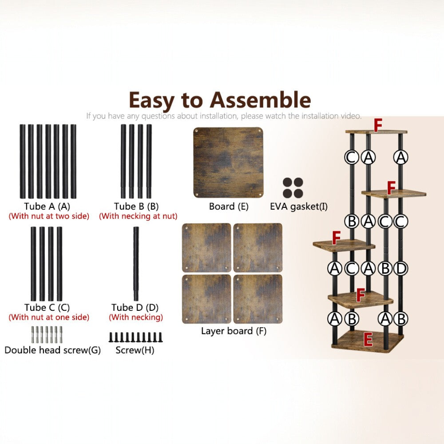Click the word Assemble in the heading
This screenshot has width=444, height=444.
coord(260,100)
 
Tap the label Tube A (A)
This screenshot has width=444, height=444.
coord(47,206)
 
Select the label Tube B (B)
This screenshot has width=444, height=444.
coord(136,206)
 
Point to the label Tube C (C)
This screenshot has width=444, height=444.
coord(47,308)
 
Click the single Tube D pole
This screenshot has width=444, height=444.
coord(136,264)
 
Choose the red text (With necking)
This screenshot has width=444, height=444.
coord(136,317)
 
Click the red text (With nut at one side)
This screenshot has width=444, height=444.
coord(49,317)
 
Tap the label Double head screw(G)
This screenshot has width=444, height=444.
coord(53,350)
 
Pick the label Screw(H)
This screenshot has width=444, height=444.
coord(135,350)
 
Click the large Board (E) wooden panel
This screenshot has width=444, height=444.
coord(228,163)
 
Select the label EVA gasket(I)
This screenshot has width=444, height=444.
coord(299,206)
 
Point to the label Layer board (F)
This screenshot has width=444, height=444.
coord(234,331)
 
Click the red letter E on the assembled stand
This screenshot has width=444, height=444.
coord(368,340)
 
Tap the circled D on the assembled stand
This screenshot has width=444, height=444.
coord(400,269)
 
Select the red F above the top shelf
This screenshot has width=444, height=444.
coord(378,125)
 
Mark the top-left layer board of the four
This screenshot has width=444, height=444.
coord(206,248)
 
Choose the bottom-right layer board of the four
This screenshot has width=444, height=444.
coord(258,299)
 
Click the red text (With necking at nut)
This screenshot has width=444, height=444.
coord(138,216)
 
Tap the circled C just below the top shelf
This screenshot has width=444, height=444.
coord(351,157)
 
